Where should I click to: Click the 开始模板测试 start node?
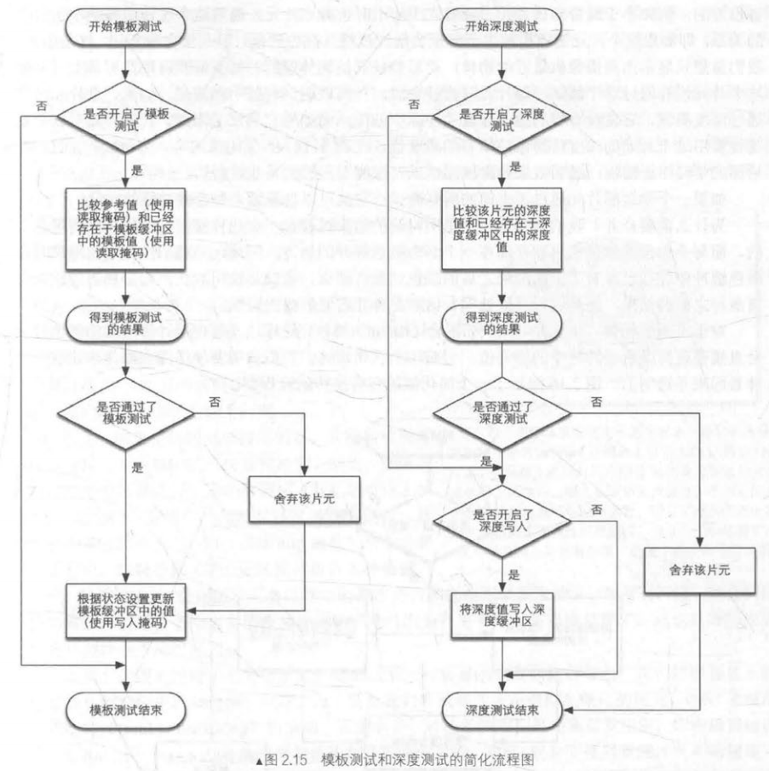(125, 27)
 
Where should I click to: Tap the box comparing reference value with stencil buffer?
(125, 227)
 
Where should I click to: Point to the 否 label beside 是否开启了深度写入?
(595, 508)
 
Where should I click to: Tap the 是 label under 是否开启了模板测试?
(135, 170)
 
